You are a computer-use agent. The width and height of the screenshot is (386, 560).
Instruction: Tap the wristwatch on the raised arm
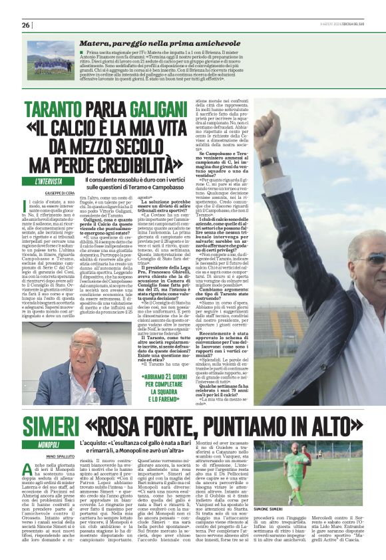click(x=270, y=161)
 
